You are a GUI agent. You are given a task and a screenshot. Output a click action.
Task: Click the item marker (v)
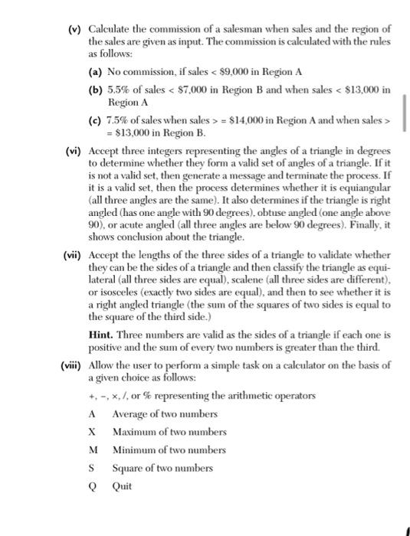point(74,8)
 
